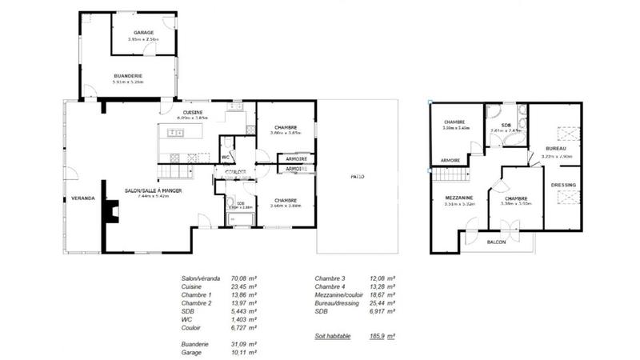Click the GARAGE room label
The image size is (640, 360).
(x=144, y=33)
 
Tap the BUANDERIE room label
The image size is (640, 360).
(x=128, y=76)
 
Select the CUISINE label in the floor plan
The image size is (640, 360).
(x=193, y=112)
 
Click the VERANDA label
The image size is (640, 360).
(x=82, y=197)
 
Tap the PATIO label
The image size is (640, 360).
(x=357, y=176)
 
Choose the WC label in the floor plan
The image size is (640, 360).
(x=226, y=158)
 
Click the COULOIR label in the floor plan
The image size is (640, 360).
(x=235, y=171)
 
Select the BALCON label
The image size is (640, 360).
(x=497, y=242)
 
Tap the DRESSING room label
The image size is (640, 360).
(x=563, y=186)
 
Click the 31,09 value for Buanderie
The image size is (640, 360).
(x=240, y=342)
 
